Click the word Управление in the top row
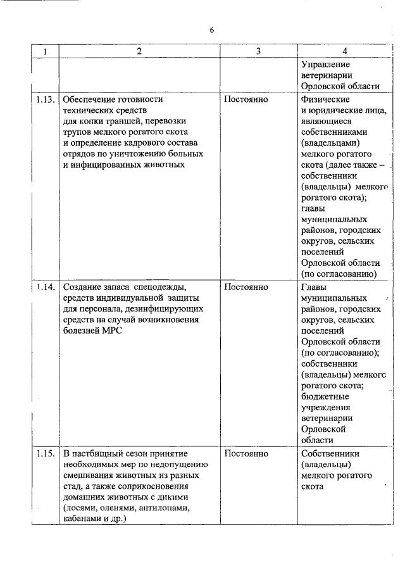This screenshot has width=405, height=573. pyautogui.click(x=326, y=64)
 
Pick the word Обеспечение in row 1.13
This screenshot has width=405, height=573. pyautogui.click(x=91, y=99)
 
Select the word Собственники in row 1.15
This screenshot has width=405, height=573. pyautogui.click(x=331, y=454)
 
